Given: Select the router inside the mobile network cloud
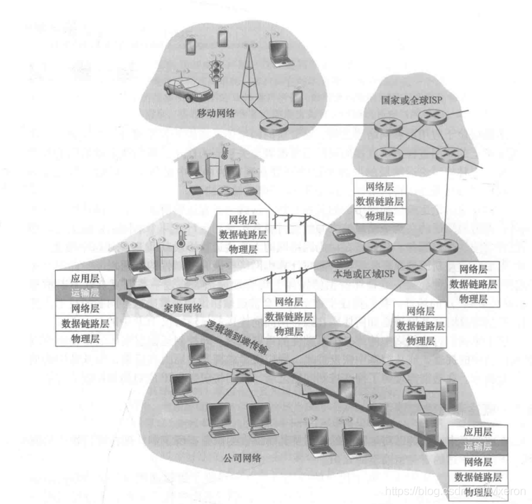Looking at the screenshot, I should [270, 123].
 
